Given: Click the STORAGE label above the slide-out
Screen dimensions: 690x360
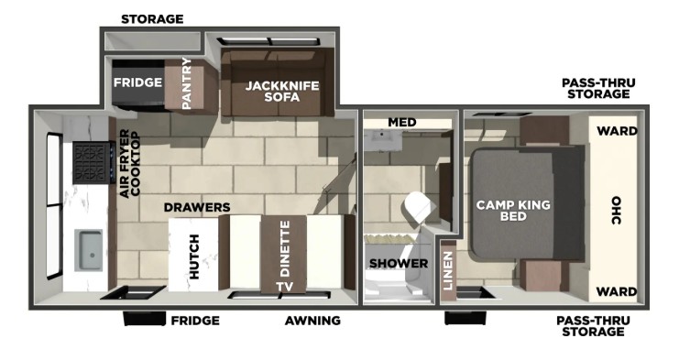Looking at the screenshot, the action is [152, 19].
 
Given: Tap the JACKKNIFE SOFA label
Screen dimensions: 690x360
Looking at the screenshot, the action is [282, 91].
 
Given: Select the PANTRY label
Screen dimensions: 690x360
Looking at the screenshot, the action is [187, 83].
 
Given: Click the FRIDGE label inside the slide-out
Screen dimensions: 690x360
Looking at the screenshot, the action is [137, 82].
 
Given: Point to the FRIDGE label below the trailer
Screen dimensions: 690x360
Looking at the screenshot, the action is [195, 321].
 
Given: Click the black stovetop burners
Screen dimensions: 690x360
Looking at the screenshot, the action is [92, 162].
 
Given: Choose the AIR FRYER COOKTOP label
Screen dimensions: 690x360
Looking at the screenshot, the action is [130, 164].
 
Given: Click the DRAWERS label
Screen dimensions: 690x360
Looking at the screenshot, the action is [197, 207].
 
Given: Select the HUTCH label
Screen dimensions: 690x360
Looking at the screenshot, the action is [194, 256].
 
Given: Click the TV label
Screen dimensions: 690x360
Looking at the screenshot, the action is [285, 287].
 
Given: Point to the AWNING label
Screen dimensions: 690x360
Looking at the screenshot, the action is [312, 321].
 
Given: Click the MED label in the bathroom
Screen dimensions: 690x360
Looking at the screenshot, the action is [401, 122].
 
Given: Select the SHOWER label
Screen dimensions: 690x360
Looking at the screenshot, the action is [399, 264].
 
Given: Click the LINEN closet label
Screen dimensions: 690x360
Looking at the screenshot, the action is [448, 270].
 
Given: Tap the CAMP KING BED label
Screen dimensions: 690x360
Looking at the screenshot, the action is [513, 211].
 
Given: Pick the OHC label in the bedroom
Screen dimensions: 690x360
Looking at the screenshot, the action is [616, 211].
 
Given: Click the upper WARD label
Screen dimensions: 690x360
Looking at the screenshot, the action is [617, 131].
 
